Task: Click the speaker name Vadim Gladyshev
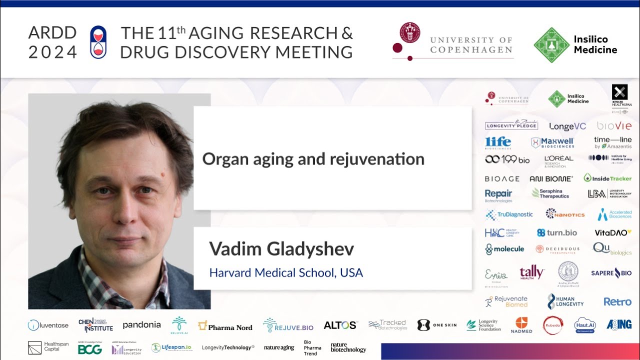click(281, 248)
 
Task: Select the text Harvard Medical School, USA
click(285, 273)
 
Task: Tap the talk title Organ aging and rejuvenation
click(313, 159)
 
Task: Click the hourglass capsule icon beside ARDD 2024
click(98, 42)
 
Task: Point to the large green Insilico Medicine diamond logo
click(551, 45)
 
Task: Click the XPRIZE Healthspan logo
click(619, 95)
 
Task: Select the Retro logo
click(617, 301)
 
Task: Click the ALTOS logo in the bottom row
click(340, 325)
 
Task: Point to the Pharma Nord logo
click(225, 326)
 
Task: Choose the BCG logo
click(90, 349)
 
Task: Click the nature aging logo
click(279, 347)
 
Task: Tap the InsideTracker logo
click(607, 178)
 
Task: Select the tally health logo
click(531, 272)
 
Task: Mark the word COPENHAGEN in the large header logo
click(471, 49)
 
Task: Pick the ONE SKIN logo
click(436, 325)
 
